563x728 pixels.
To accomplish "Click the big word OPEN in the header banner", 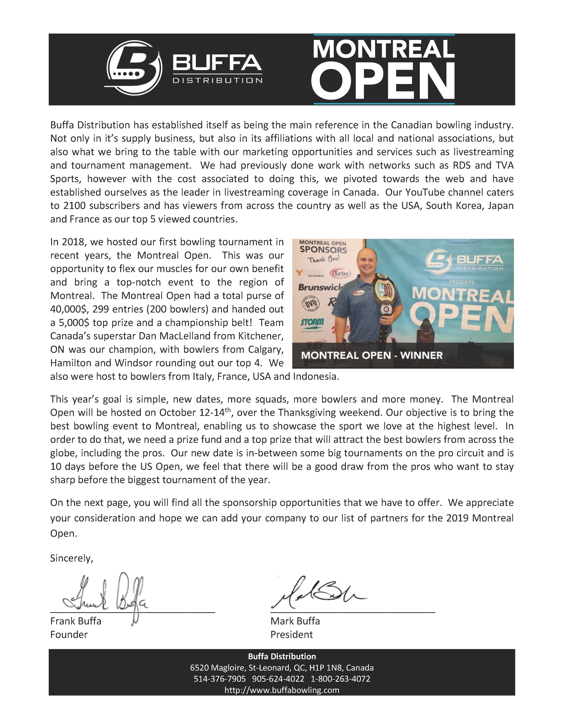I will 383,82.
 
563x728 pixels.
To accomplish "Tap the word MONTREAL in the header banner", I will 383,49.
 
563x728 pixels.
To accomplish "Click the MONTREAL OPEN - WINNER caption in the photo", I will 372,355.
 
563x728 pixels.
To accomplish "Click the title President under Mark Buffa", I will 292,635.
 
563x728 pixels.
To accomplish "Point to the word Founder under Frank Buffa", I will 69,635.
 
